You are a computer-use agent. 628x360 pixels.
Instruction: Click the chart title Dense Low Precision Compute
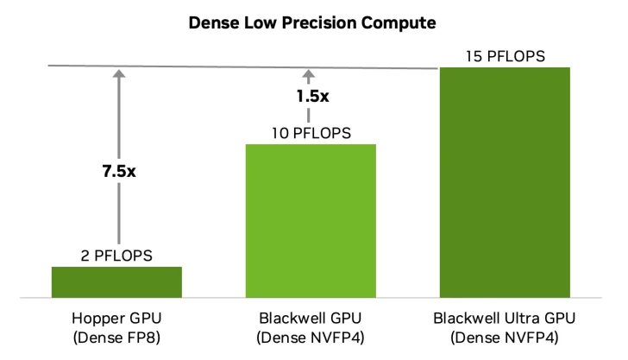coord(313,25)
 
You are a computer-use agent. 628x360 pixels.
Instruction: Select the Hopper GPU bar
coord(116,282)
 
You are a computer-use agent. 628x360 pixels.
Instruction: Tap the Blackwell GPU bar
coord(311,220)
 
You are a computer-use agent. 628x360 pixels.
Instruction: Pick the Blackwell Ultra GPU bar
coord(505,181)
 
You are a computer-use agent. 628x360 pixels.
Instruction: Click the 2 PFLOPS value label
coord(117,256)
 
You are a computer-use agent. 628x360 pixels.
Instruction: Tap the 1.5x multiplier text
coord(311,97)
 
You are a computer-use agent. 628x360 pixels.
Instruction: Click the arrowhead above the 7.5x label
coord(117,75)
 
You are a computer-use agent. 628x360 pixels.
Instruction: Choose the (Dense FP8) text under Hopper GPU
coord(117,336)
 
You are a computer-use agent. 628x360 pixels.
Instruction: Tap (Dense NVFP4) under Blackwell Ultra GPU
coord(506,336)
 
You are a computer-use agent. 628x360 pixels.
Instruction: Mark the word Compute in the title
coord(402,25)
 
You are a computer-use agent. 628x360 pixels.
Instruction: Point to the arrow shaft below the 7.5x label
coord(117,216)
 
